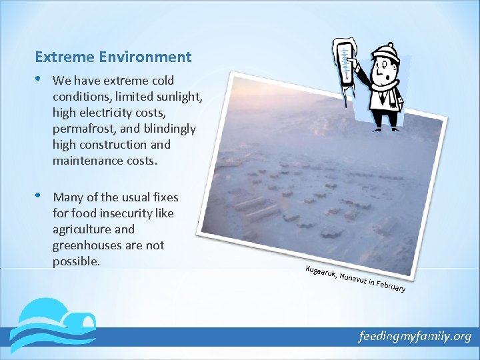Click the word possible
tap(76, 261)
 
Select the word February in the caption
tap(390, 286)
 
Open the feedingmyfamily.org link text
tap(415, 337)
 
